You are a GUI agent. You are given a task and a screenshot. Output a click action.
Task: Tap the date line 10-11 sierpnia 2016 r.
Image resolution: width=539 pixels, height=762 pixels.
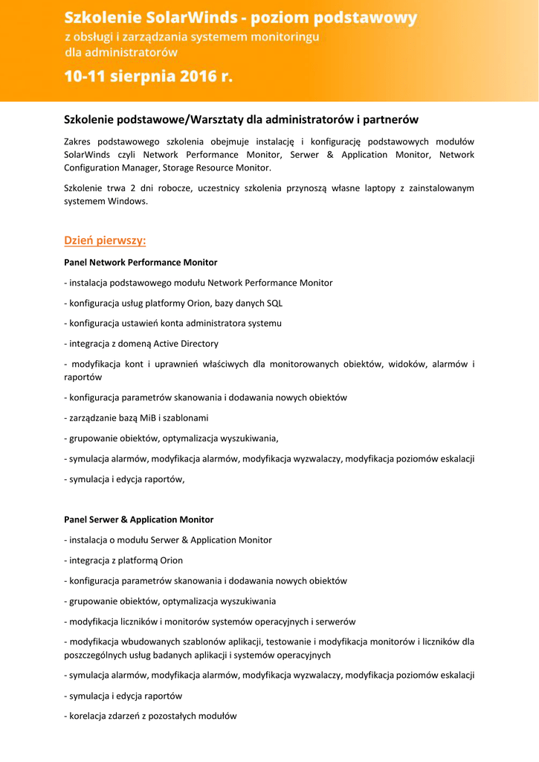click(x=148, y=77)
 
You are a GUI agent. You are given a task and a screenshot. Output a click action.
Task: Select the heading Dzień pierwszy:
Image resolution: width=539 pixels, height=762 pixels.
click(x=105, y=240)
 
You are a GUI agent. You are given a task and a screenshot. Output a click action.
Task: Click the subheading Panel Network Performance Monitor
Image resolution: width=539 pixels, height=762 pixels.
click(x=141, y=263)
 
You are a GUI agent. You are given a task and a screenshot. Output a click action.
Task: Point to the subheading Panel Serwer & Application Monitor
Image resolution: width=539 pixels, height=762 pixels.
click(x=138, y=519)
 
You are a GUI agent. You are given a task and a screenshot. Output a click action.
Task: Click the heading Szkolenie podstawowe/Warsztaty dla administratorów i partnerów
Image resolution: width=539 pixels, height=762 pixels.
click(x=241, y=119)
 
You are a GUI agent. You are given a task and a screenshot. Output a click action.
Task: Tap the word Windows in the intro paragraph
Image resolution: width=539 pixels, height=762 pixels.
click(x=128, y=201)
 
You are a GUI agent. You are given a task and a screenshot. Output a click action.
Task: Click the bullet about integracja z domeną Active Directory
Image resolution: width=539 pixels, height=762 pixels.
click(x=141, y=344)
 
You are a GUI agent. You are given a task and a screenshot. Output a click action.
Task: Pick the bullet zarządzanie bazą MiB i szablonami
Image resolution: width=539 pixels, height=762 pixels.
click(x=136, y=417)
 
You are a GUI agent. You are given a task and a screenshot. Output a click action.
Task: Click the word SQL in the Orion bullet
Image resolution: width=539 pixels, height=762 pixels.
click(x=274, y=303)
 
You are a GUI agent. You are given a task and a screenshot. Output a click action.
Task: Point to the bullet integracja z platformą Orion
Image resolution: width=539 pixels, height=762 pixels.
click(x=123, y=560)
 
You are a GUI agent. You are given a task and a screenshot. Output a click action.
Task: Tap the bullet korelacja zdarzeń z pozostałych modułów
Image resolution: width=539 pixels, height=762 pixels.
click(x=150, y=716)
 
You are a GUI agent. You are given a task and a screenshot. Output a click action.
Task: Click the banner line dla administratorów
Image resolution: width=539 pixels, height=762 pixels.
click(x=121, y=52)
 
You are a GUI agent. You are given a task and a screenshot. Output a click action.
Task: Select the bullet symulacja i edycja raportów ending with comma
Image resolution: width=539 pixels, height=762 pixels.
click(x=124, y=479)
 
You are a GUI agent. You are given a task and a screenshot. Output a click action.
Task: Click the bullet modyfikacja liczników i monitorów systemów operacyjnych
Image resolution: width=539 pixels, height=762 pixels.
click(x=210, y=621)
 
